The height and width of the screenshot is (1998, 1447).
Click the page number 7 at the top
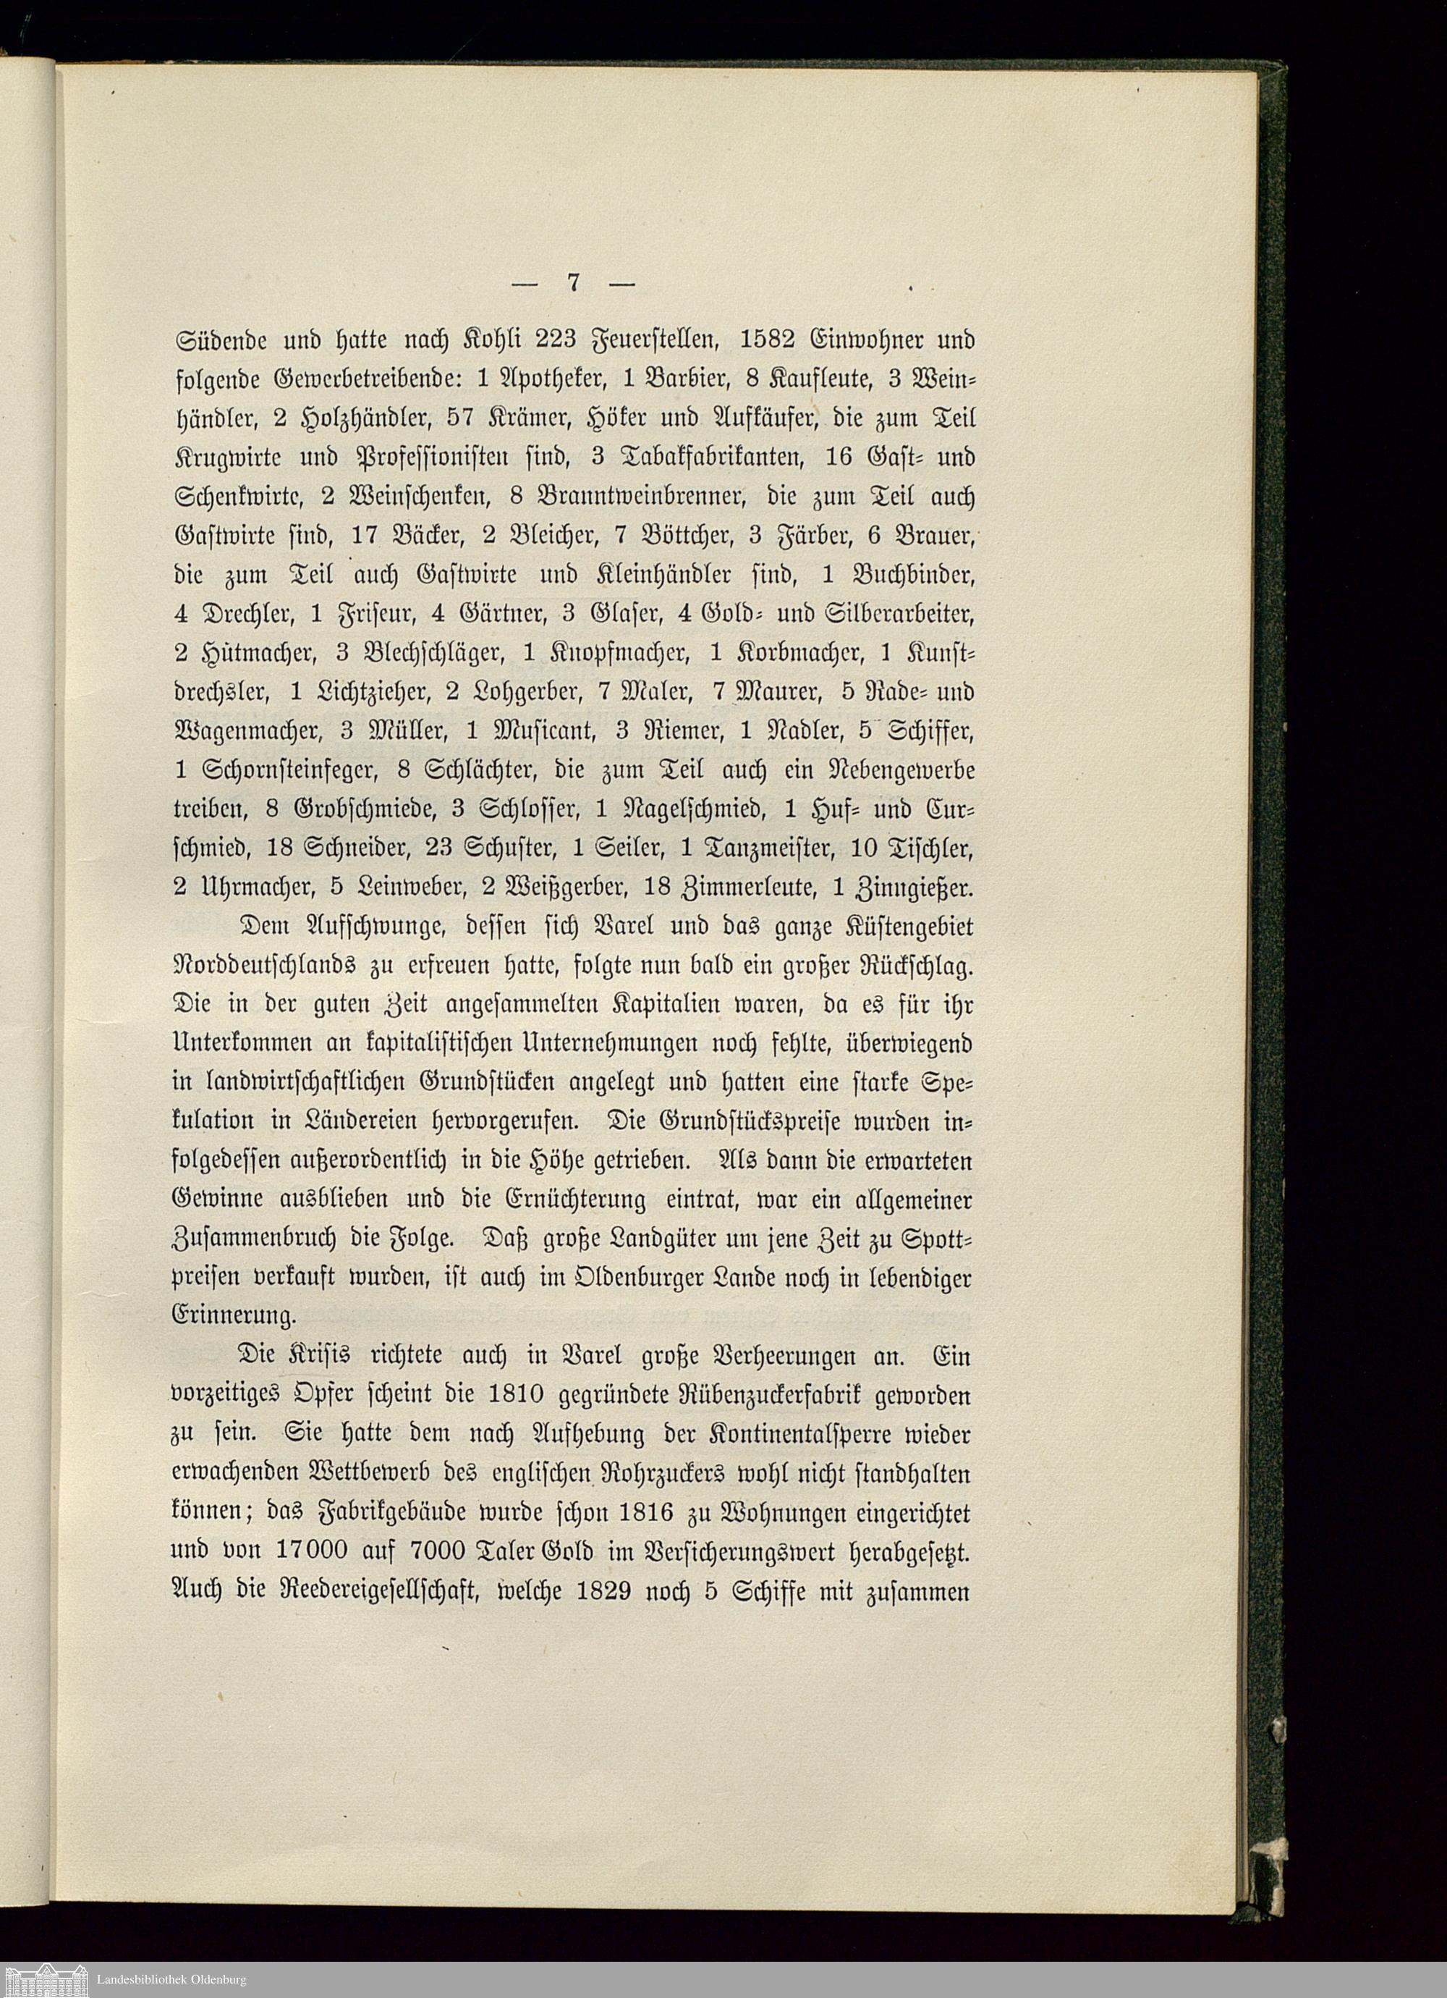572,284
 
